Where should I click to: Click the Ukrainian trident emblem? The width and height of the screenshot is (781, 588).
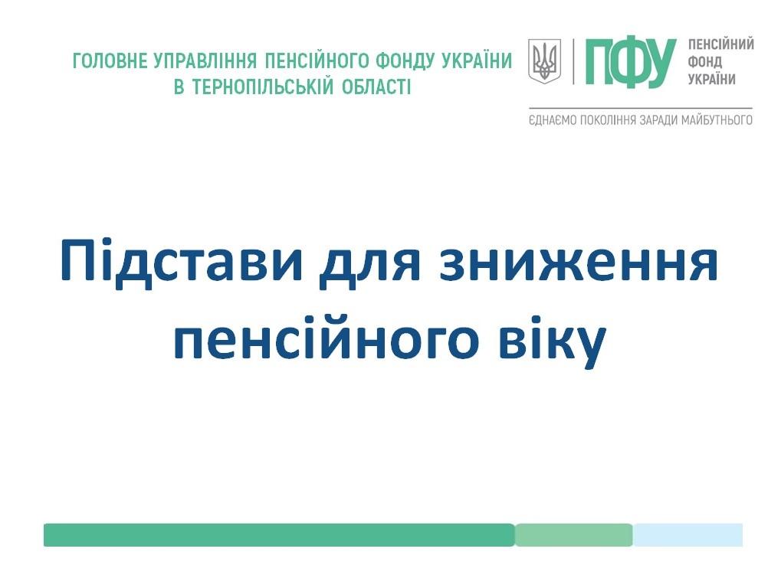(544, 61)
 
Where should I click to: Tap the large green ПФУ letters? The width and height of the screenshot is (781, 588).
(631, 62)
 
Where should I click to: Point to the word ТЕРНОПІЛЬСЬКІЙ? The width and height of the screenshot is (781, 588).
(262, 87)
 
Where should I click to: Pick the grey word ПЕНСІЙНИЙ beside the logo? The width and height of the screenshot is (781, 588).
(721, 44)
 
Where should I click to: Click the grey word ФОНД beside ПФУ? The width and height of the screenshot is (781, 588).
(705, 62)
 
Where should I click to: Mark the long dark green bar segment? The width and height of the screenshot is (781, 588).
(279, 534)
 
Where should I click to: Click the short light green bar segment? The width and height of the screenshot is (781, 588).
(574, 534)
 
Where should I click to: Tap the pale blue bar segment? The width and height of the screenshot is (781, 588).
(687, 534)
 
